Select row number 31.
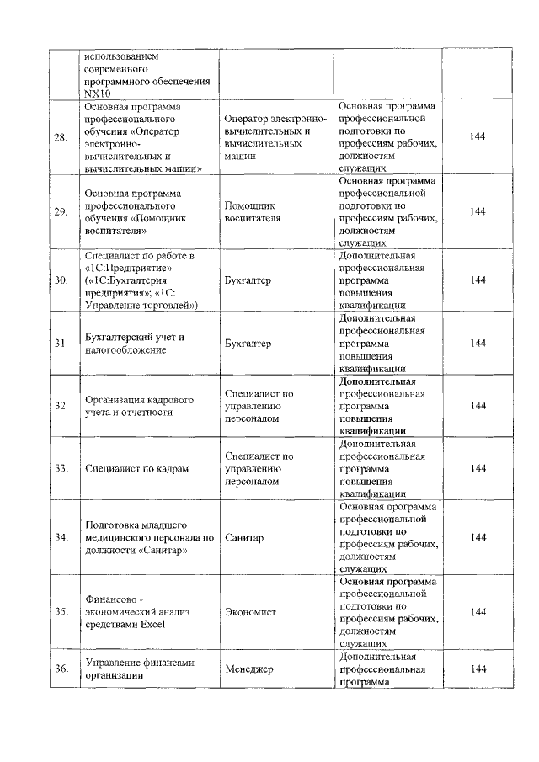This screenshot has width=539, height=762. click(61, 344)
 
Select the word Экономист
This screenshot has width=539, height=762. click(250, 612)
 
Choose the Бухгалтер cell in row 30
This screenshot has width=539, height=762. click(248, 280)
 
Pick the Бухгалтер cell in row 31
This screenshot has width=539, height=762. click(248, 344)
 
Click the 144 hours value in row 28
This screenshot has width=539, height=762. click(478, 136)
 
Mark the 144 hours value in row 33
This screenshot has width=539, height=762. click(478, 469)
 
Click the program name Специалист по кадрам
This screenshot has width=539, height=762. click(136, 469)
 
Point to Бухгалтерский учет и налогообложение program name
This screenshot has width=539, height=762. click(135, 344)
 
